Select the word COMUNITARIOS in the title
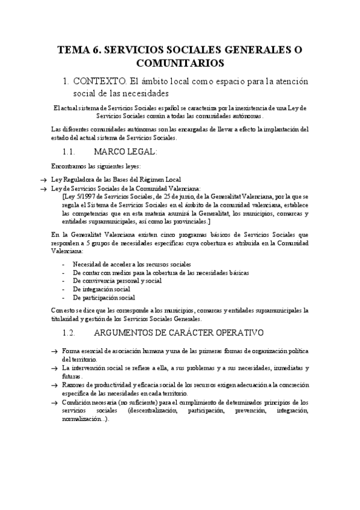[180, 63]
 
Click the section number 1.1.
[72, 152]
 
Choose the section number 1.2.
[72, 333]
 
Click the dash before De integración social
[64, 289]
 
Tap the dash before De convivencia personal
[64, 281]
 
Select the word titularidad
[66, 319]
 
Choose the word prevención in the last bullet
[248, 410]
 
